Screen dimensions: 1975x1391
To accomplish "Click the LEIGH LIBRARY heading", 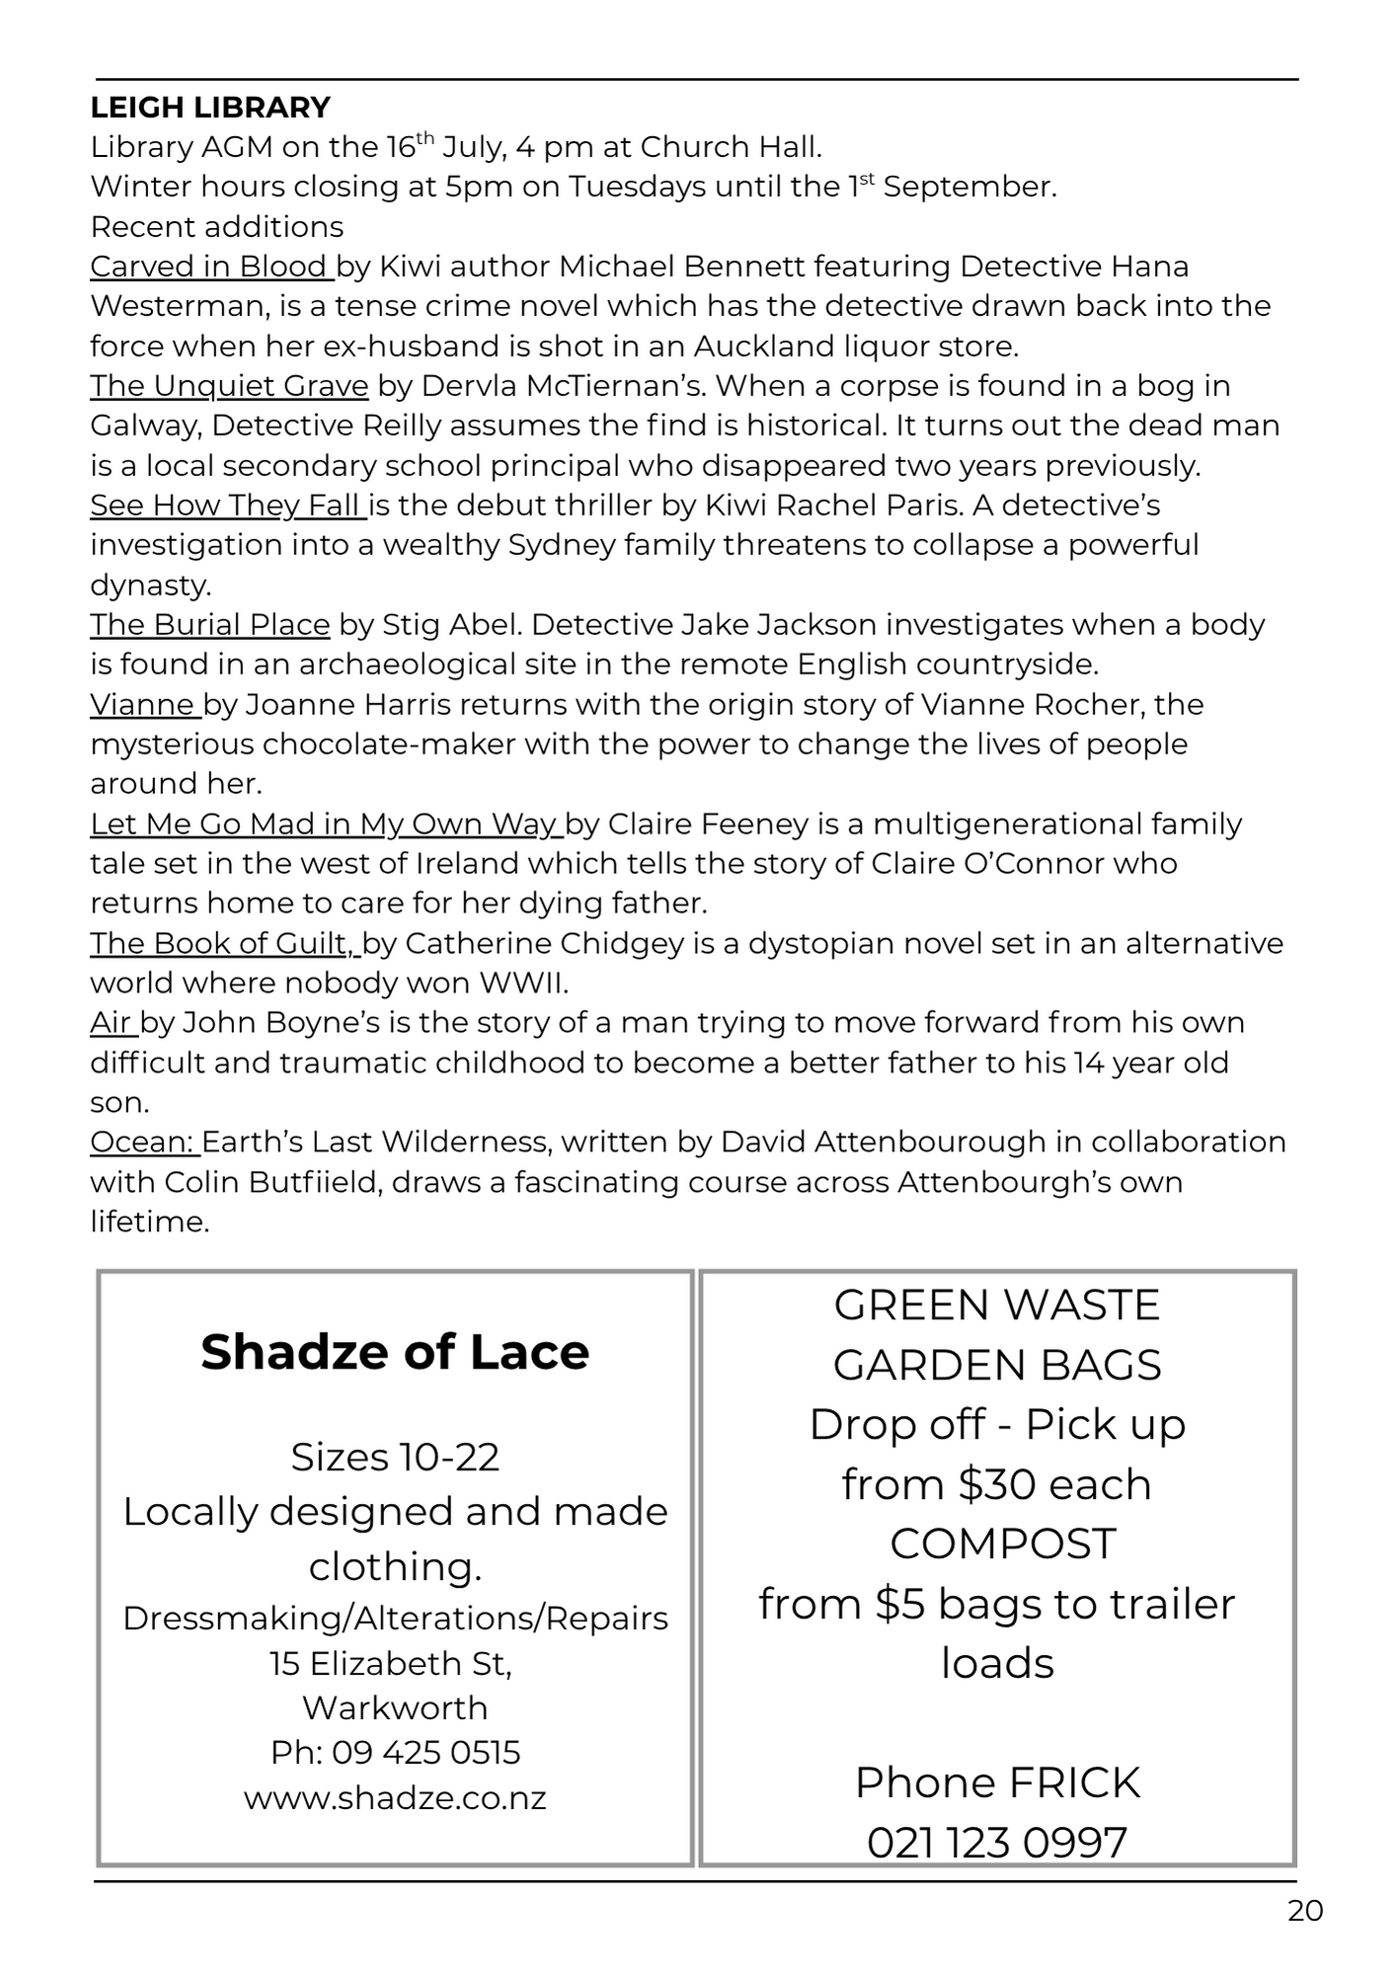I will pyautogui.click(x=210, y=107).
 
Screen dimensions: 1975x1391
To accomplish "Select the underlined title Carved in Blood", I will pyautogui.click(x=209, y=267).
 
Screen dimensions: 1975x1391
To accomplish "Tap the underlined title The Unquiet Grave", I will pyautogui.click(x=229, y=386).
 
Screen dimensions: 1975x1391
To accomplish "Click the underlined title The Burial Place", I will pyautogui.click(x=209, y=625).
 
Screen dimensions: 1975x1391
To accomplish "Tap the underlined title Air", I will pyautogui.click(x=111, y=1023).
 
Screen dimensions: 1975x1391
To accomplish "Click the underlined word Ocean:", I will pyautogui.click(x=142, y=1143).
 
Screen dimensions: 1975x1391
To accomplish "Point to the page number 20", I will pyautogui.click(x=1305, y=1912).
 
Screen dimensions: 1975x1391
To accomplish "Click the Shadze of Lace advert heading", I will pyautogui.click(x=395, y=1352).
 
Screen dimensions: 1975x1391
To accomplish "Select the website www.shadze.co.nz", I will pyautogui.click(x=395, y=1797).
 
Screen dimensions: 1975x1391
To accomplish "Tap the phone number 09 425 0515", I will pyautogui.click(x=425, y=1753).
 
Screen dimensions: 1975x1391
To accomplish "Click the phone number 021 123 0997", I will pyautogui.click(x=997, y=1843).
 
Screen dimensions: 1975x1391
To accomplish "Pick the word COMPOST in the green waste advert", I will pyautogui.click(x=1002, y=1544).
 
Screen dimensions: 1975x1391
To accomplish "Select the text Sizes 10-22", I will pyautogui.click(x=395, y=1458).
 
